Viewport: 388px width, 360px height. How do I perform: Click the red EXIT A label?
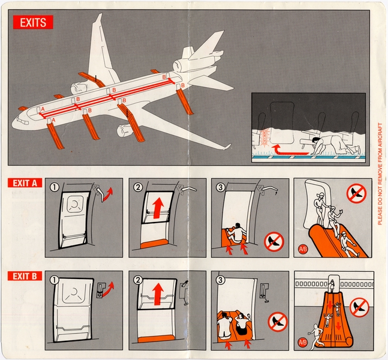pos(25,183)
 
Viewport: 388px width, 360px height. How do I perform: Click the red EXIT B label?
pos(25,277)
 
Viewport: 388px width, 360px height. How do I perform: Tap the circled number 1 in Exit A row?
pos(54,187)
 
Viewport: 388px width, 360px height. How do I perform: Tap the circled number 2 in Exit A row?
pos(137,187)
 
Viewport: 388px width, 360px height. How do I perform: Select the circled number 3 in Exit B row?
pos(221,280)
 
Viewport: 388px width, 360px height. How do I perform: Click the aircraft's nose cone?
pos(16,122)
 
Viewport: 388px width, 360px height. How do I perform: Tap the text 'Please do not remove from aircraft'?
pos(379,174)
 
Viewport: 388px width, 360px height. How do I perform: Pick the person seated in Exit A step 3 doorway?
pos(237,232)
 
